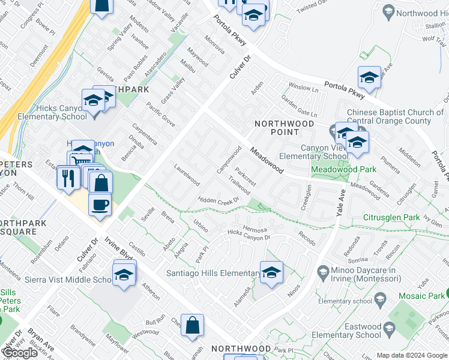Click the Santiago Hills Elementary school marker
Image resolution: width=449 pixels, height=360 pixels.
(271, 272)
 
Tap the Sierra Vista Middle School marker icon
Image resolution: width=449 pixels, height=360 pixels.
(124, 275)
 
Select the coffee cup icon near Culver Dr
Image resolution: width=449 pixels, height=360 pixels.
(100, 204)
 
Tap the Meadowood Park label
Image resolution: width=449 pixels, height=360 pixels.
(343, 169)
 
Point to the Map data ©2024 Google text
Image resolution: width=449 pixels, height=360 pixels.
(412, 355)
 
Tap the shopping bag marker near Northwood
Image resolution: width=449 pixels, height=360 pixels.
(192, 326)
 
